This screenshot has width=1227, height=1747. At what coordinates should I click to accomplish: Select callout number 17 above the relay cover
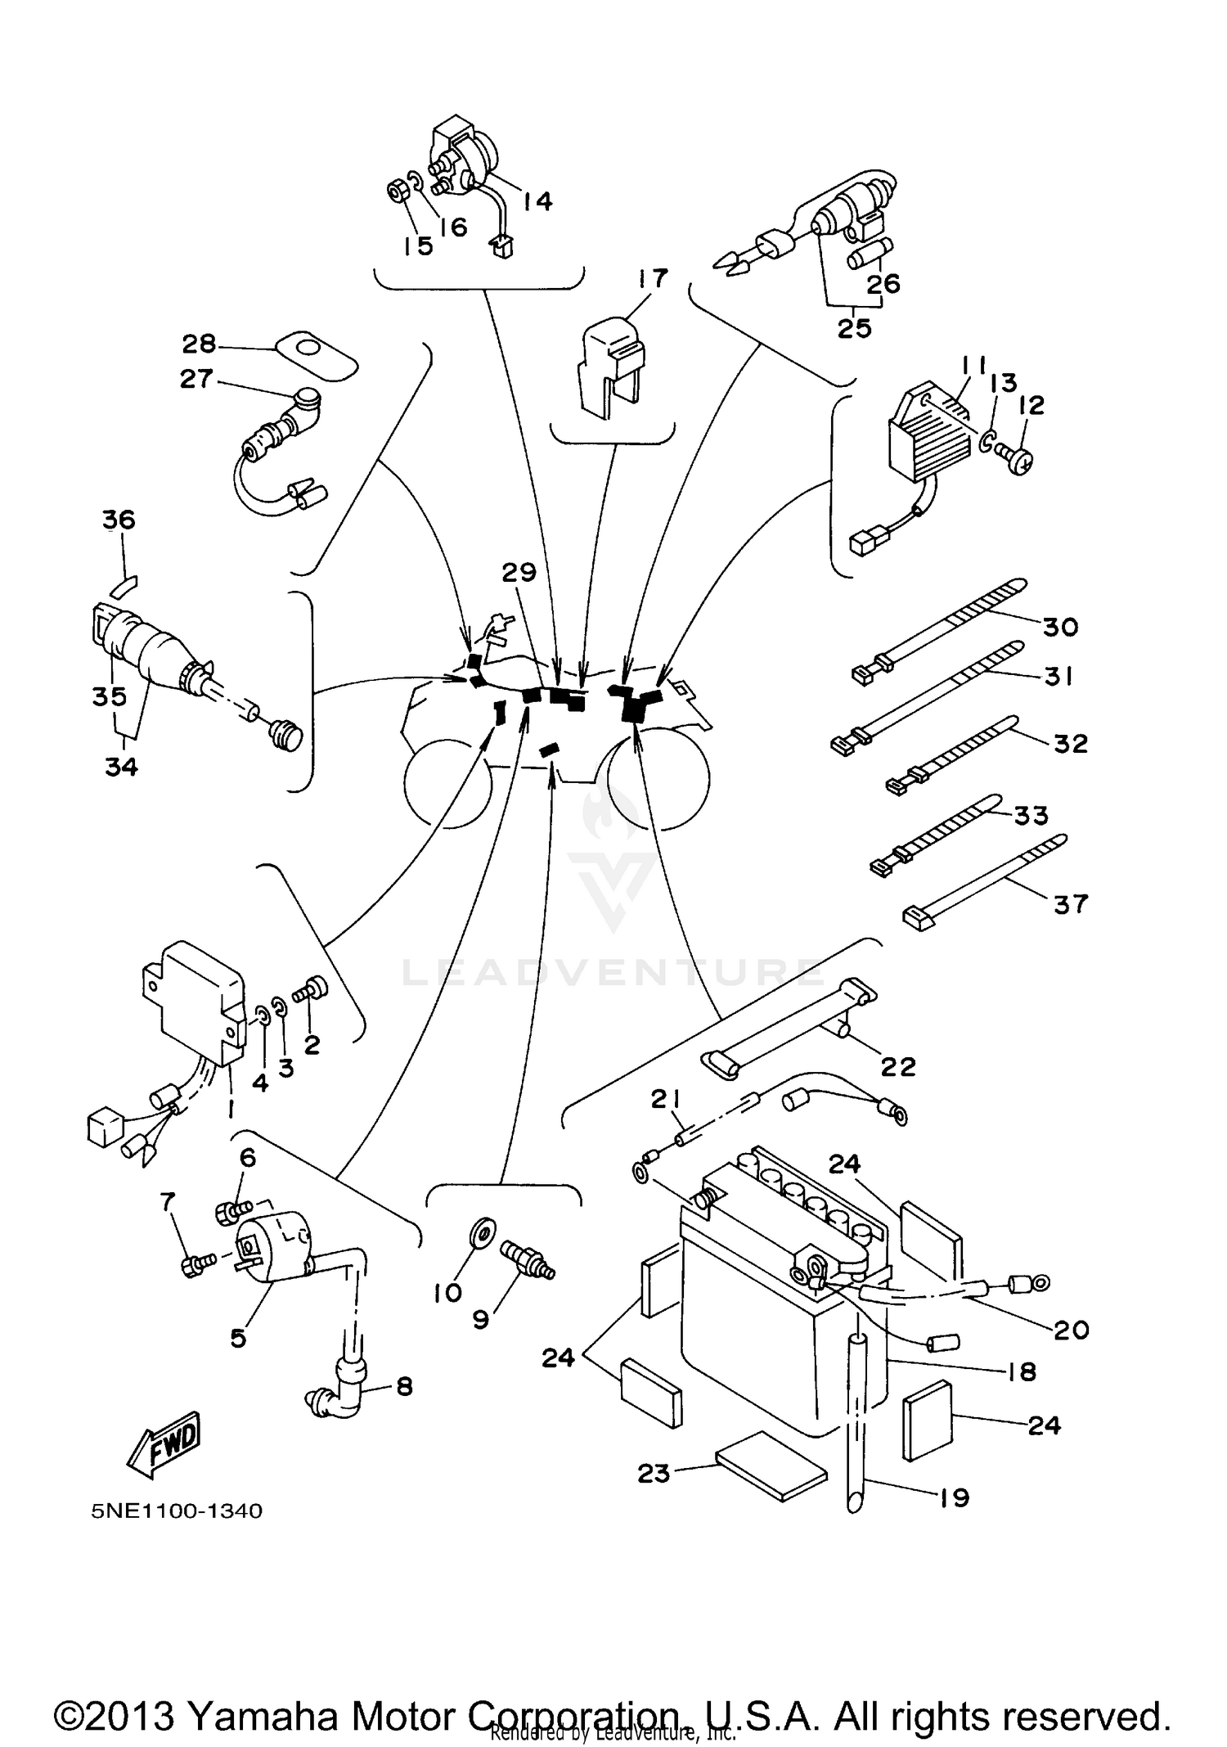pos(654,278)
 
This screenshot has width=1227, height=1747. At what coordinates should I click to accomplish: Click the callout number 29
pos(519,572)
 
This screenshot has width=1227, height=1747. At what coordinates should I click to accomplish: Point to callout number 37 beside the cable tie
pos(1071,903)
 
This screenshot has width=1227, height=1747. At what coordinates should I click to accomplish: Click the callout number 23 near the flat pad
pos(654,1474)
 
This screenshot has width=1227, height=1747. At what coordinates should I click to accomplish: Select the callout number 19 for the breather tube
pos(953,1497)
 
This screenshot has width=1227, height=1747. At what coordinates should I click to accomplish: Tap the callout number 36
pos(119,520)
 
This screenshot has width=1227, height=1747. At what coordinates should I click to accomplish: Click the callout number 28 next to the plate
pos(199,343)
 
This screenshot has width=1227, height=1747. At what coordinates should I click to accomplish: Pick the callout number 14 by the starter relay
pos(537,200)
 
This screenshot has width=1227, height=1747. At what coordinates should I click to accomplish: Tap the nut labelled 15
pos(398,193)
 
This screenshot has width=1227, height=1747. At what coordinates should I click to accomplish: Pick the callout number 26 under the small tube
pos(883,284)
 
